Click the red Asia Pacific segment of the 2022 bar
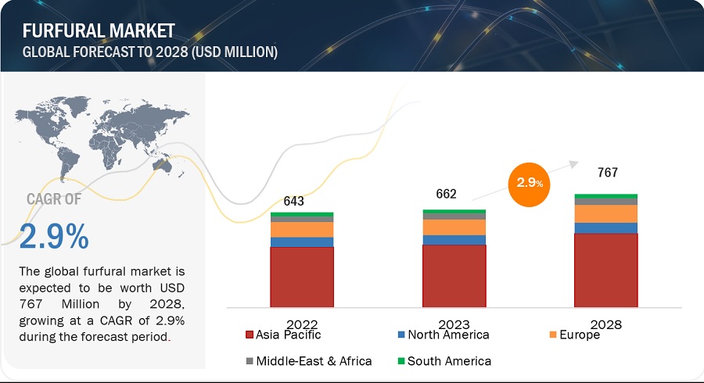point(302,276)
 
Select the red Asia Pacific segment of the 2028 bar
point(606,270)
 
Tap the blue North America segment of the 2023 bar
point(454,240)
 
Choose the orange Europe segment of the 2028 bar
point(606,213)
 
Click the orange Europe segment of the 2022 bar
point(302,229)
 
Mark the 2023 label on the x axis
point(454,322)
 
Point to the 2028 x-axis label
point(606,322)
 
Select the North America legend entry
point(443,335)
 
